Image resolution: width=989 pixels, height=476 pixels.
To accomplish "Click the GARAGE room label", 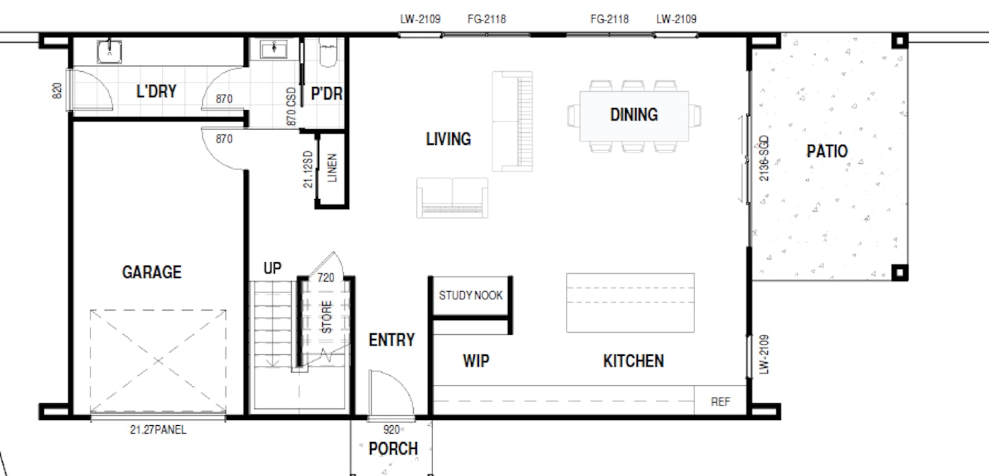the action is click(x=151, y=272).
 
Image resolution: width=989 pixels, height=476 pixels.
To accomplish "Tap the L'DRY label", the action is click(x=156, y=91).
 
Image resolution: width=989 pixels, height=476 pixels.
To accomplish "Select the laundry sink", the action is click(x=109, y=52).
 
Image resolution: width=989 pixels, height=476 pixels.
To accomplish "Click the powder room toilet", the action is click(x=328, y=52).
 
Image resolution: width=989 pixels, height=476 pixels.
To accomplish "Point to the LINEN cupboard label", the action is click(x=332, y=168).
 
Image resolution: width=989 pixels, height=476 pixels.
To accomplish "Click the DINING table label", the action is click(x=634, y=115).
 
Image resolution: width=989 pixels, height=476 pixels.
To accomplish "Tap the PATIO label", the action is click(x=827, y=151).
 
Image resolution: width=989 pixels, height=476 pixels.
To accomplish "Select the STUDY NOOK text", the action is click(x=470, y=295).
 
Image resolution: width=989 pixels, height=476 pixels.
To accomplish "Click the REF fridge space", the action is click(x=720, y=401).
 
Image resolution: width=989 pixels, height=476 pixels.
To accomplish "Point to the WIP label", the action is click(x=476, y=361).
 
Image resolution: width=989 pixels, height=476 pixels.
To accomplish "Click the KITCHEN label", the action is click(x=634, y=361).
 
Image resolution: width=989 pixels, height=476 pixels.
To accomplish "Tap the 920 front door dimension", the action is click(x=391, y=429).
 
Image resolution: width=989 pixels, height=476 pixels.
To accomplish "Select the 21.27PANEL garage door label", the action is click(x=158, y=429).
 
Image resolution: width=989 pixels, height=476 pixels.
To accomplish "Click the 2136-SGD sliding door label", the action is click(x=764, y=158).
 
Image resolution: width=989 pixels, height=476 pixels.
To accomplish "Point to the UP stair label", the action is click(x=273, y=268).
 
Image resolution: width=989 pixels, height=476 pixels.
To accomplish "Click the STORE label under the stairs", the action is click(x=326, y=317).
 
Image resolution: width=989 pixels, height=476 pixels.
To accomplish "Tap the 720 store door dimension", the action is click(x=326, y=278).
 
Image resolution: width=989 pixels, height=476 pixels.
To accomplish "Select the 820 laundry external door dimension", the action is click(x=57, y=90).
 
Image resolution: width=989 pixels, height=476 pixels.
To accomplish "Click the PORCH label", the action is click(x=393, y=448).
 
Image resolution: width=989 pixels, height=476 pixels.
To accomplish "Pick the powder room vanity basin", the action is click(x=274, y=49).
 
